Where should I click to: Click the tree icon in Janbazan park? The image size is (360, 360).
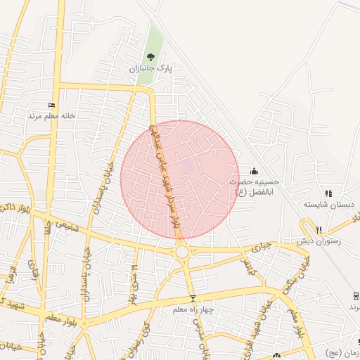[149, 57]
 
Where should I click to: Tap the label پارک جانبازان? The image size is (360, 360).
[150, 69]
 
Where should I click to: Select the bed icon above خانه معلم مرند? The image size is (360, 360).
[51, 105]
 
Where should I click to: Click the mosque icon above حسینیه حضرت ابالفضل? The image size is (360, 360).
[254, 171]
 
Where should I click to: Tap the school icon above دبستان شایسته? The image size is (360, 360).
[328, 193]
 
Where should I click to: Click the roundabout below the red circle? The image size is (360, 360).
[182, 251]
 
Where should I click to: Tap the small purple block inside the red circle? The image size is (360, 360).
[188, 167]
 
